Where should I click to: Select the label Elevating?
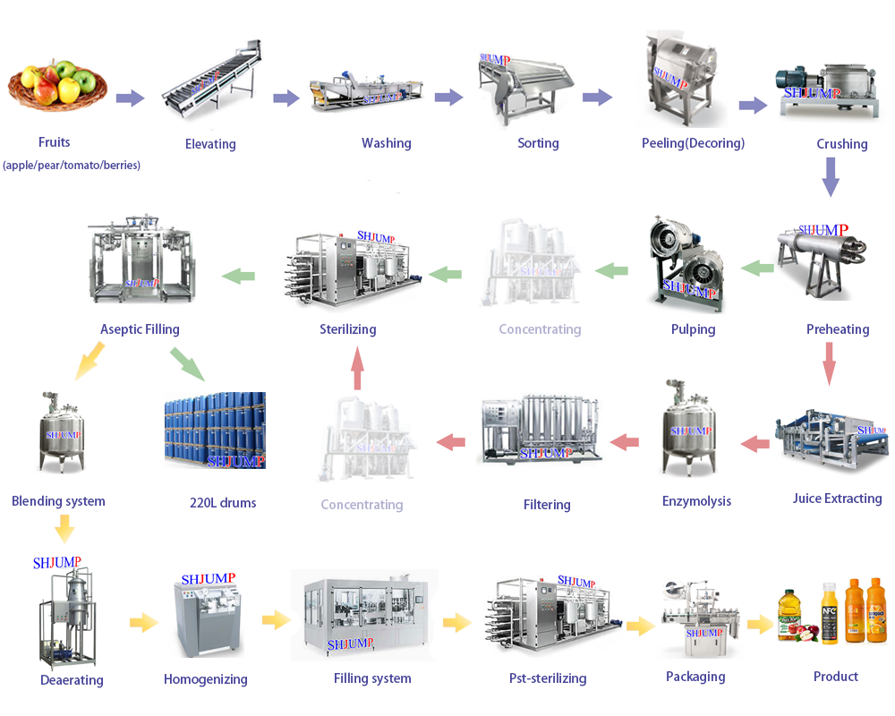(210, 144)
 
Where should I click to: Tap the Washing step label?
(386, 143)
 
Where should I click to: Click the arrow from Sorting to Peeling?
(597, 98)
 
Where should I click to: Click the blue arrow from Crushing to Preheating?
(831, 176)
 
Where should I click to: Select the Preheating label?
(838, 329)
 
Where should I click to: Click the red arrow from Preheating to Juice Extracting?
(830, 364)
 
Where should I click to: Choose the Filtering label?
(547, 505)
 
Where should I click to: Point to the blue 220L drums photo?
(215, 430)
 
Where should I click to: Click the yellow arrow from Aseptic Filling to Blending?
(89, 360)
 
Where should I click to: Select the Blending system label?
(58, 501)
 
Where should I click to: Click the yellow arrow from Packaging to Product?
(760, 624)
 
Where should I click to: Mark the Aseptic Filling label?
(140, 329)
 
